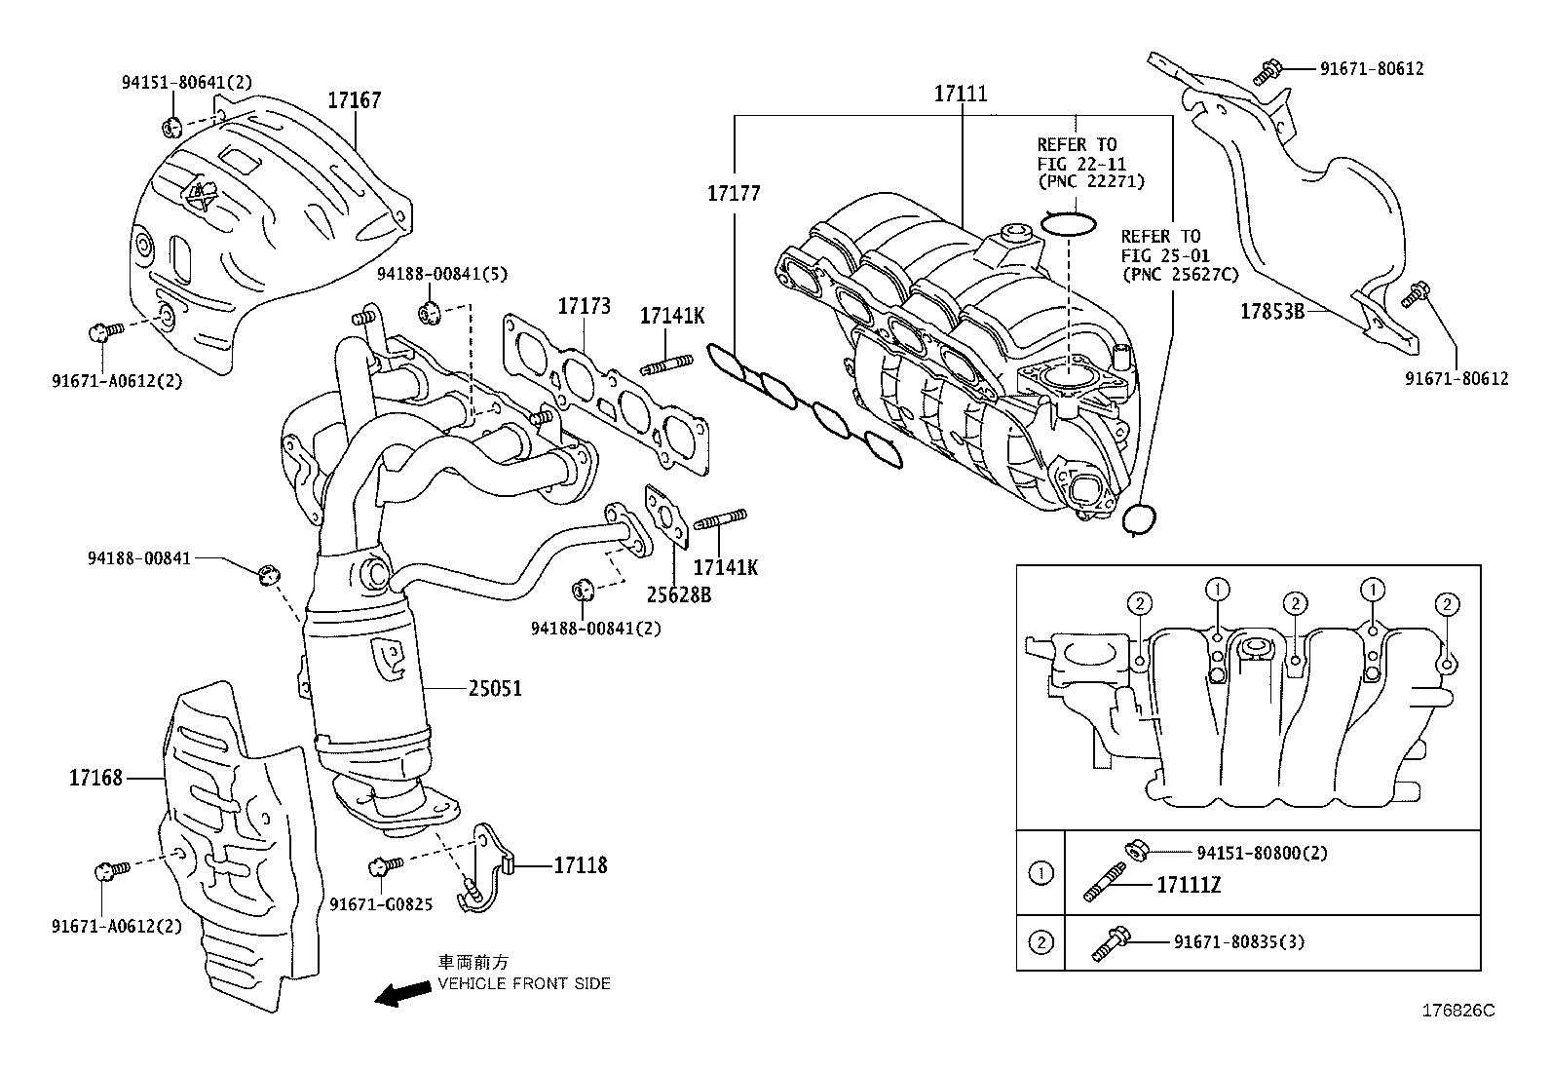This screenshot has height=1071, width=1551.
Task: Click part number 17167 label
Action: (x=354, y=100)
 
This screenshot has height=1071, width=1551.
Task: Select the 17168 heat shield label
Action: (x=95, y=778)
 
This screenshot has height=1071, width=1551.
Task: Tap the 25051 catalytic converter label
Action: (x=495, y=689)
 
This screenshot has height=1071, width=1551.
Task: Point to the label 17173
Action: (x=584, y=306)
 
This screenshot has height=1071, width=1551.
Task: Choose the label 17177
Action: (x=734, y=194)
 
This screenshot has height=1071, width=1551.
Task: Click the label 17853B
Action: (x=1271, y=312)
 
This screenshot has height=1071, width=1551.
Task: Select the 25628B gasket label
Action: (x=678, y=593)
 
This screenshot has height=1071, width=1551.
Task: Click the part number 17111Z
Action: (x=1188, y=886)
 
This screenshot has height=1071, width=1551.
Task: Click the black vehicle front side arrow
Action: (x=403, y=994)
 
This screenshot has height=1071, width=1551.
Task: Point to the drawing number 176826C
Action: (x=1458, y=1011)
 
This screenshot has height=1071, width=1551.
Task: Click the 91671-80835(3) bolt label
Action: (x=1238, y=941)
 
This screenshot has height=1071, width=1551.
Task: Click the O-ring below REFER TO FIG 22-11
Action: (x=1068, y=224)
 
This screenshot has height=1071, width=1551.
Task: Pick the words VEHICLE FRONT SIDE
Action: (x=523, y=984)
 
